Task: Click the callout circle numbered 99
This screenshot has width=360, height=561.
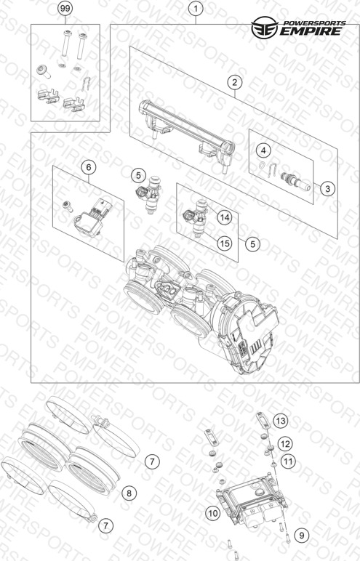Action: click(x=65, y=9)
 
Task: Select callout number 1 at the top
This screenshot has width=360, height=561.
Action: click(x=196, y=9)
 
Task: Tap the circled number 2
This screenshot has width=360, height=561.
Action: click(x=235, y=82)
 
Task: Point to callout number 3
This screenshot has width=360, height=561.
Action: click(x=327, y=187)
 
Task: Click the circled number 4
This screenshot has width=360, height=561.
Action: click(x=264, y=150)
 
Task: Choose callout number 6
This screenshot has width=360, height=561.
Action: click(x=89, y=167)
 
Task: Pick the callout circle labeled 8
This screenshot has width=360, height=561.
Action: click(x=129, y=493)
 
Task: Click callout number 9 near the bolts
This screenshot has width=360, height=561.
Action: click(x=302, y=536)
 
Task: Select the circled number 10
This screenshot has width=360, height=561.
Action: click(x=213, y=514)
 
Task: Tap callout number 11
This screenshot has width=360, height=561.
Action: click(x=288, y=461)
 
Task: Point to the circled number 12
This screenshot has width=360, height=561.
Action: click(x=285, y=444)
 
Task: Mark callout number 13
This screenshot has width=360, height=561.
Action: click(x=281, y=421)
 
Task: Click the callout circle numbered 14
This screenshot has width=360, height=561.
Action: click(x=225, y=217)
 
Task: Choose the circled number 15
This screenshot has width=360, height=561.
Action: click(x=225, y=243)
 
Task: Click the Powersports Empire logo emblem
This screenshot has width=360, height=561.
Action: click(x=264, y=27)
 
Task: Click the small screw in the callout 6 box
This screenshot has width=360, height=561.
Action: click(x=67, y=206)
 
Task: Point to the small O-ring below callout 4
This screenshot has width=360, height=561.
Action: click(x=263, y=165)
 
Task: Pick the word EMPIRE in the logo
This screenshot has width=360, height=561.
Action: click(x=311, y=31)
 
